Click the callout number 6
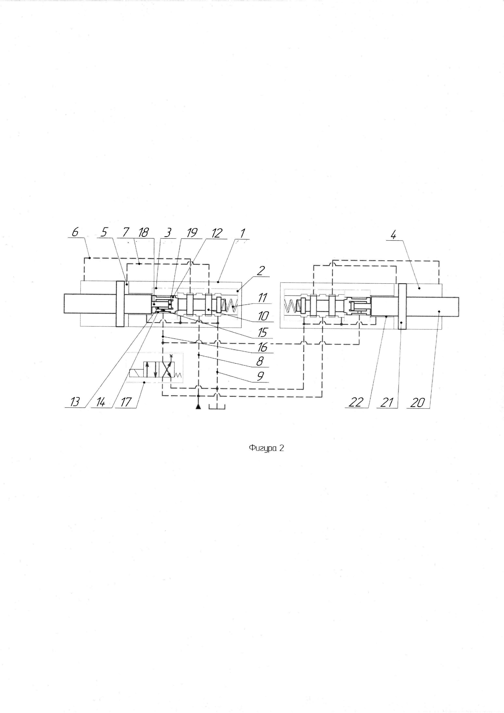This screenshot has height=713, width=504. [75, 232]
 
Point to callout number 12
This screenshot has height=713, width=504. [217, 233]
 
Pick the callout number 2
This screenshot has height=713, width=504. [260, 271]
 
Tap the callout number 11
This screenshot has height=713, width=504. [263, 298]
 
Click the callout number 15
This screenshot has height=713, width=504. [262, 333]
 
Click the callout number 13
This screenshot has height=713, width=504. [75, 402]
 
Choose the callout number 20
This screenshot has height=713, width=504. [417, 403]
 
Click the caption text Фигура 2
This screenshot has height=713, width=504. [266, 448]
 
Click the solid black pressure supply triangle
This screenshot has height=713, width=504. [198, 407]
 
